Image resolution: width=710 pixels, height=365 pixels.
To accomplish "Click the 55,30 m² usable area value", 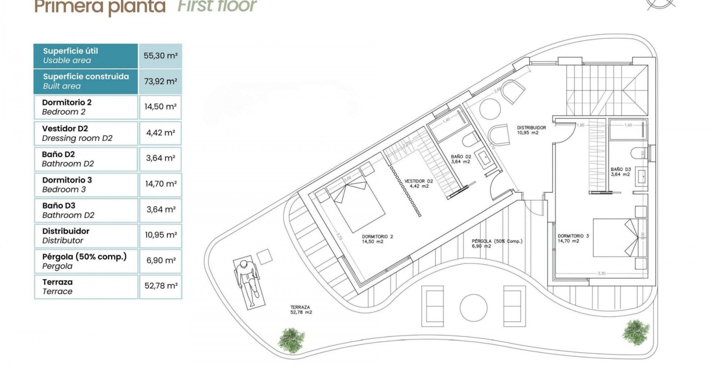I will (160, 56).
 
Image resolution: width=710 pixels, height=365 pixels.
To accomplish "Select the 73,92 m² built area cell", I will (160, 81).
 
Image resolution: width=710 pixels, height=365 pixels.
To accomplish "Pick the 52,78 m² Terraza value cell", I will (161, 286).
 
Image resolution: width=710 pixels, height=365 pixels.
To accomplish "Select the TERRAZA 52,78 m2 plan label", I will (300, 310).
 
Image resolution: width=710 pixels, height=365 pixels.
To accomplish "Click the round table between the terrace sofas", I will (473, 307).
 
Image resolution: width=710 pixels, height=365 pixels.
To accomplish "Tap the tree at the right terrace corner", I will (635, 333).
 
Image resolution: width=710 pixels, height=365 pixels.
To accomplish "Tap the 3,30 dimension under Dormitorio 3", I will (601, 273).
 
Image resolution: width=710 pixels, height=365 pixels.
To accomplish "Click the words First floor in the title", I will (217, 6).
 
